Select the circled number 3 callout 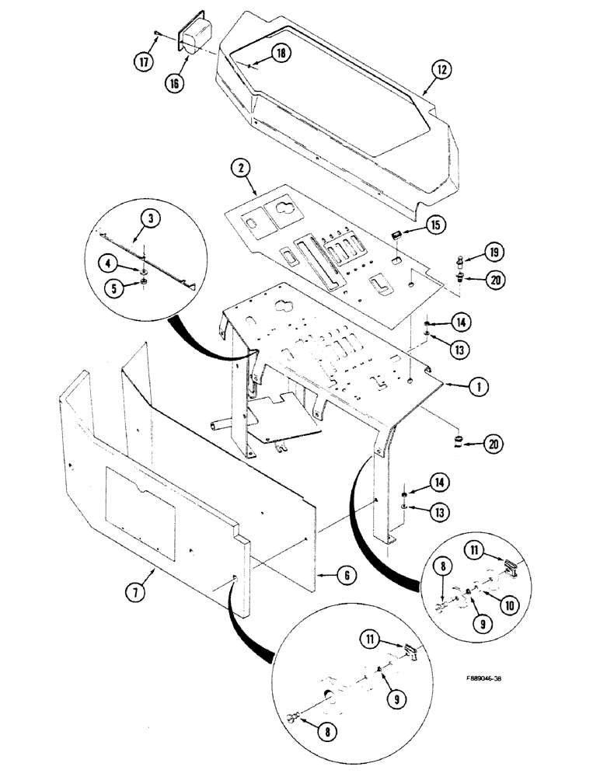coord(152,220)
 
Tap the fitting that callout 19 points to coord(462,259)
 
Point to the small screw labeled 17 coord(159,32)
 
